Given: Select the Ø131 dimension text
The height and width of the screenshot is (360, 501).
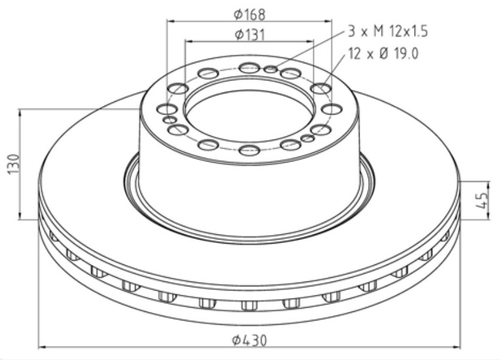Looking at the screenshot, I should tap(250, 35).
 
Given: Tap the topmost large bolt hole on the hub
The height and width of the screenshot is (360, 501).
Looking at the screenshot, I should tap(249, 68).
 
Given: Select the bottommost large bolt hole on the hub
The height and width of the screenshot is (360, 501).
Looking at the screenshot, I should tap(249, 150).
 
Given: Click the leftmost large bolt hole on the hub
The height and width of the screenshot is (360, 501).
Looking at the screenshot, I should tap(167, 109).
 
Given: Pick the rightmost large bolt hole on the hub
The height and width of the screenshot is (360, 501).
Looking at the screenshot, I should tap(332, 109).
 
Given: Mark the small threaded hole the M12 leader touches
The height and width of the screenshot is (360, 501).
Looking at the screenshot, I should tap(271, 69).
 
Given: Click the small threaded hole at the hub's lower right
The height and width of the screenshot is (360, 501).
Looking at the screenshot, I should tap(308, 139).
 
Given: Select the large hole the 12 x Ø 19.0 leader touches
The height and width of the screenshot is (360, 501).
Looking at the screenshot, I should tap(321, 89).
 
